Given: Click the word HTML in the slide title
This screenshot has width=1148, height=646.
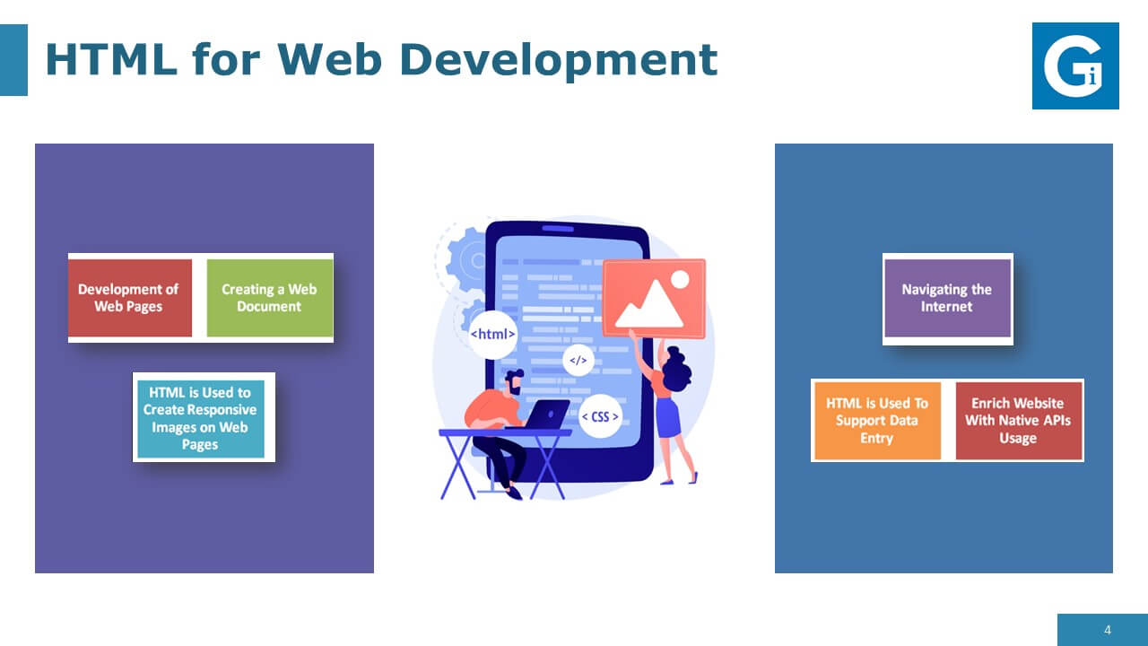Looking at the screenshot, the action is point(110,59).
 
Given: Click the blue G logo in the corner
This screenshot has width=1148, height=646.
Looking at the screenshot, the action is point(1075,65).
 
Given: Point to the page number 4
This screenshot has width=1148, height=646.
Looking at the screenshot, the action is point(1108,630).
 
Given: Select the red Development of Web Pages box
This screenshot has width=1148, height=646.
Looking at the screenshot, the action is point(130,298).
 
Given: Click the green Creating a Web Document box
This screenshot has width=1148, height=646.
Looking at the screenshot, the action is point(270,298).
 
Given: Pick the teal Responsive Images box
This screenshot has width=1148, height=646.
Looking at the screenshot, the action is point(201,418).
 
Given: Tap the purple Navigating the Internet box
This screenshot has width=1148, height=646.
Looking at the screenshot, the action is point(947,298).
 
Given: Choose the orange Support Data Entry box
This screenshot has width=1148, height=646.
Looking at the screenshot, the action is point(877,421).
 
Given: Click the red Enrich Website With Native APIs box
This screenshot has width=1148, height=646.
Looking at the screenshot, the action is point(1018,421).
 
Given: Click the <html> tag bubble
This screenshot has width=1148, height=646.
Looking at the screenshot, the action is point(492,335).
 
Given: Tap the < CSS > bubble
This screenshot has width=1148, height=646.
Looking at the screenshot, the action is point(600,416).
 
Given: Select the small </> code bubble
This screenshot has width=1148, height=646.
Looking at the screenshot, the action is point(578,361).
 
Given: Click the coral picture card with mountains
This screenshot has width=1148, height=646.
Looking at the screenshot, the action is point(655,299).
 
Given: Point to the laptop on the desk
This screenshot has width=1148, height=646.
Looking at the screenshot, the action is point(544,415).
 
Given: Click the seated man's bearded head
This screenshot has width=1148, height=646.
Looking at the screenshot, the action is point(514,382).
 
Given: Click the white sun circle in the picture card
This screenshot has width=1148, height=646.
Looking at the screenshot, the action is point(680,280).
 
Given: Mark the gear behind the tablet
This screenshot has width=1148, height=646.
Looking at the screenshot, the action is point(467,260).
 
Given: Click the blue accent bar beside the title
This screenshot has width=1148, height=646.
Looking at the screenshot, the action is point(13,60).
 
